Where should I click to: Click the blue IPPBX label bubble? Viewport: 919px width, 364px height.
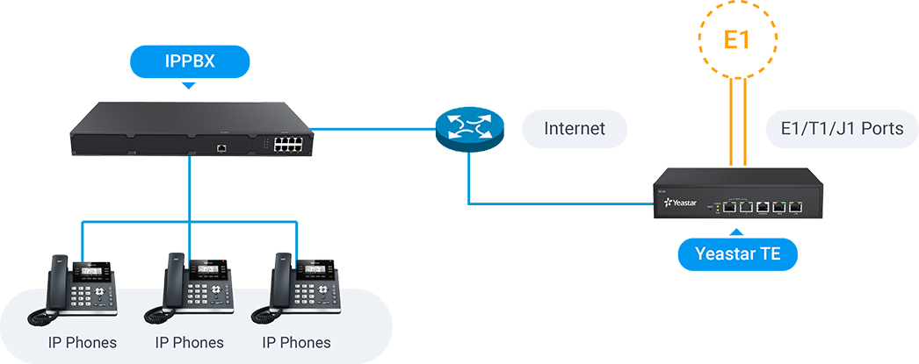190,61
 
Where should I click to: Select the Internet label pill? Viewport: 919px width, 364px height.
575,129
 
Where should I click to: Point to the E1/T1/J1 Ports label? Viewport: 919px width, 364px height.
835,129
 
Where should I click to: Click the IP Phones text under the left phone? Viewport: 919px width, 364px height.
83,341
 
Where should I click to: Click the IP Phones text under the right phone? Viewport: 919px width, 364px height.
297,341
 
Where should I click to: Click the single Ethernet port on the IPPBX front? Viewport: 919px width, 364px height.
222,148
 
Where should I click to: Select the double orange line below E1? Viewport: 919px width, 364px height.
738,123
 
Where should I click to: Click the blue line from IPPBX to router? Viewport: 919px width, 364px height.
373,129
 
